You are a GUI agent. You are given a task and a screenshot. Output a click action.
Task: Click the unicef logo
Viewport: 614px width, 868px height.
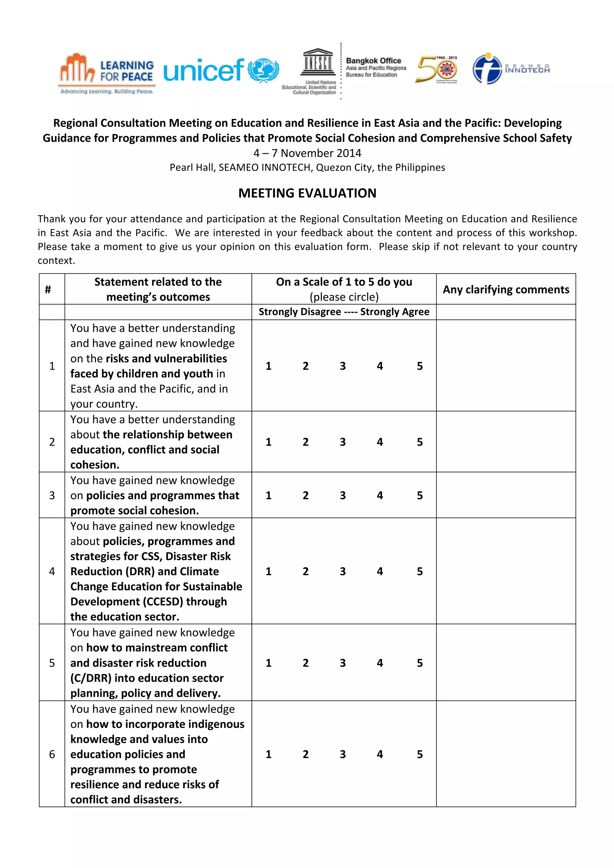point(221,70)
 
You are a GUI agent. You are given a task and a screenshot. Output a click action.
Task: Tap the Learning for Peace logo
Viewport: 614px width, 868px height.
point(107,73)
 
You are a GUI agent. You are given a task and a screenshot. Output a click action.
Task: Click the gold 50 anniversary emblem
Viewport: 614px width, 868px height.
point(437,69)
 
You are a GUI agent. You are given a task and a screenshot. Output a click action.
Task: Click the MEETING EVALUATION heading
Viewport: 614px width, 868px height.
point(307,193)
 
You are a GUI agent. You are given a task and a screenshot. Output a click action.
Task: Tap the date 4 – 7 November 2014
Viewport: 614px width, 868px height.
point(307,153)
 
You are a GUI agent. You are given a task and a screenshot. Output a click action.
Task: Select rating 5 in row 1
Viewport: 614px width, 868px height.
point(420,366)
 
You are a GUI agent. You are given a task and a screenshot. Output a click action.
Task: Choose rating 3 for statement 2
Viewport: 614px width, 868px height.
point(343,442)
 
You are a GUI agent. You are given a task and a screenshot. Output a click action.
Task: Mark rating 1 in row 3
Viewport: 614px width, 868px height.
point(268,495)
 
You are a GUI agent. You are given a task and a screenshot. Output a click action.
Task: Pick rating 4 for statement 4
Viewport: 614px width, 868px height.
point(380,571)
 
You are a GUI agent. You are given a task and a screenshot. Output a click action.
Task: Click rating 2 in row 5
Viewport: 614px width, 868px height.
point(306,663)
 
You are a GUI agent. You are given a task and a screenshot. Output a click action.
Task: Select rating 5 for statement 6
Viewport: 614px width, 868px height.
point(420,754)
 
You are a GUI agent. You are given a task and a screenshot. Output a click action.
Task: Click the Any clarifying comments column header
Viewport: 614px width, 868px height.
point(506,290)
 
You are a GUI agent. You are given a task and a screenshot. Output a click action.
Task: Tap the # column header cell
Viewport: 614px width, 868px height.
point(48,290)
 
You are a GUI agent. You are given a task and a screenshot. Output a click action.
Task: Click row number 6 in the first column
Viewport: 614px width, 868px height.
point(52,754)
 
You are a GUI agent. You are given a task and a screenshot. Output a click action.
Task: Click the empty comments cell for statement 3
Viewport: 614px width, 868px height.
point(506,495)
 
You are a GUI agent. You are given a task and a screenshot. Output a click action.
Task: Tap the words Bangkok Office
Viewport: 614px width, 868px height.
point(374,61)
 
